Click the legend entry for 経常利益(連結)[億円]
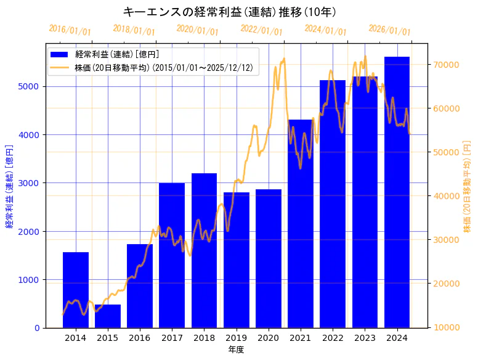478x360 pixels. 117,55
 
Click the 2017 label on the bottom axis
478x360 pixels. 172,338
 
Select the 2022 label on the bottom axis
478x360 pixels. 333,338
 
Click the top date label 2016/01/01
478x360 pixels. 70,30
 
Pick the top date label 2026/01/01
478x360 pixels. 389,30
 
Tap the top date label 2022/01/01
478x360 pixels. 262,30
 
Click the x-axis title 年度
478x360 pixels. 236,350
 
